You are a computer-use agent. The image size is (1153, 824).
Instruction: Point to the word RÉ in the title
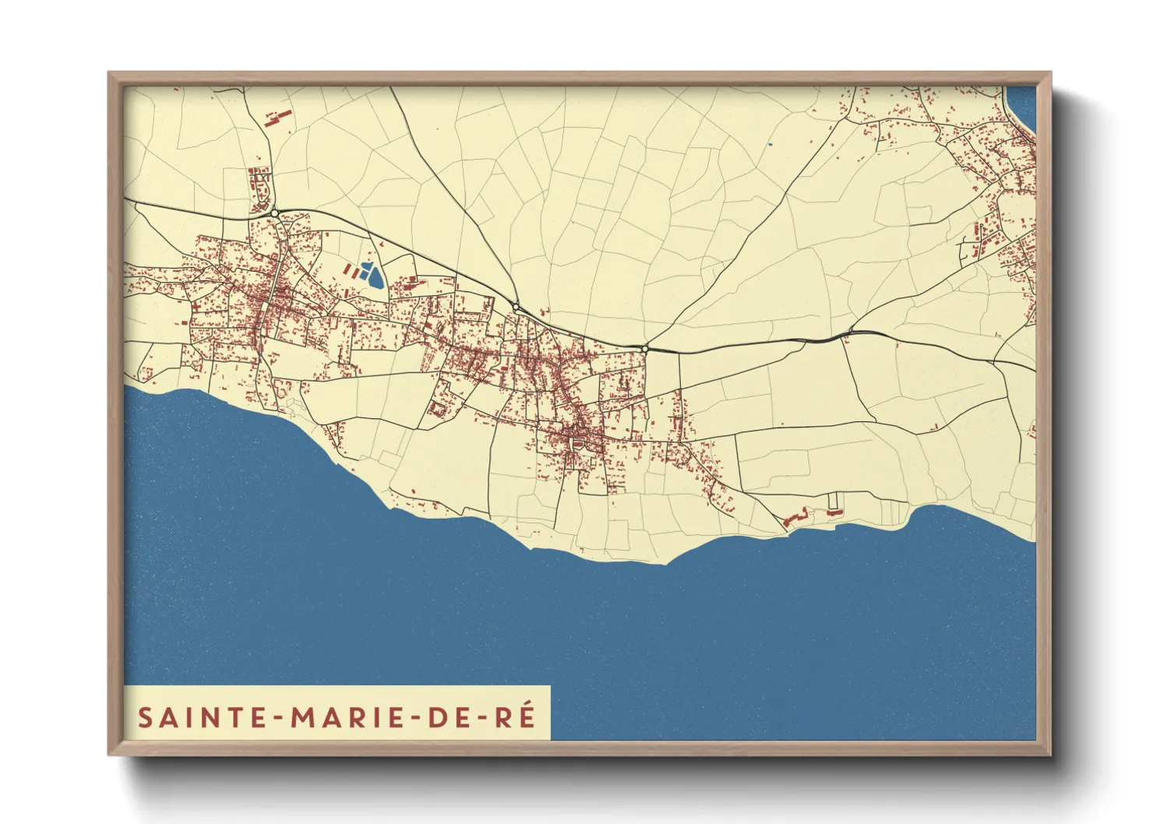517,717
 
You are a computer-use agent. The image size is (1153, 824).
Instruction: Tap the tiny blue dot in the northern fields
770,144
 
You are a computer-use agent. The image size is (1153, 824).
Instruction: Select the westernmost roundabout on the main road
275,213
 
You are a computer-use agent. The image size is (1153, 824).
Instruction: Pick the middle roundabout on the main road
516,308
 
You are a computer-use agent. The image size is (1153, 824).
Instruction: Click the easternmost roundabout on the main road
645,349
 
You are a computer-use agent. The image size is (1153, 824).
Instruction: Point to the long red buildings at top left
277,118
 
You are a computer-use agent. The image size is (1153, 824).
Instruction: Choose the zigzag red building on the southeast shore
794,517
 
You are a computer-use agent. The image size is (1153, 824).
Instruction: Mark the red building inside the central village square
578,443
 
